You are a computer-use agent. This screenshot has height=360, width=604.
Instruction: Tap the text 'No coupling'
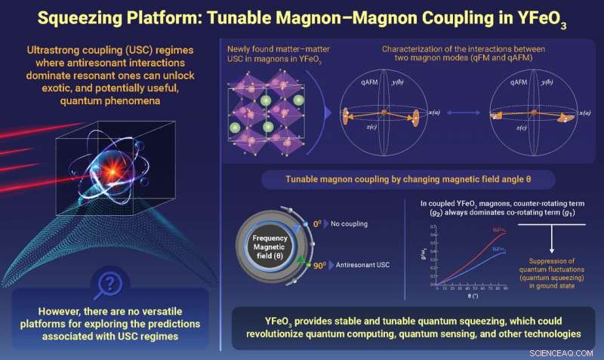(x=347, y=226)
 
